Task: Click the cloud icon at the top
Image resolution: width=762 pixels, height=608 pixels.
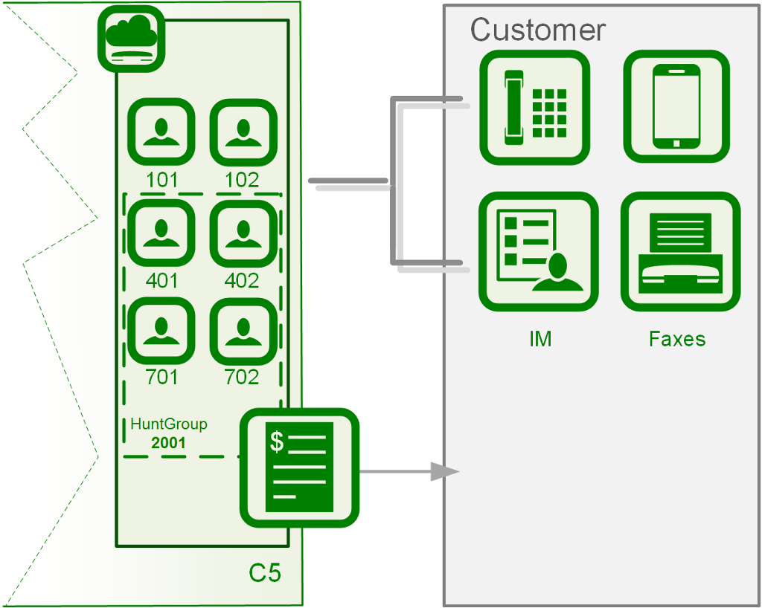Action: point(132,39)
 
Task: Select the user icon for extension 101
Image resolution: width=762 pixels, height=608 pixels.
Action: point(161,132)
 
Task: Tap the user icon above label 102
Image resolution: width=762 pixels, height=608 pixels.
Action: point(243,132)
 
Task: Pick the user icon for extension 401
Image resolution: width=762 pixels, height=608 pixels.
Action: point(161,233)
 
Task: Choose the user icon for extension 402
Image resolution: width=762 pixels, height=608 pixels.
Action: point(243,233)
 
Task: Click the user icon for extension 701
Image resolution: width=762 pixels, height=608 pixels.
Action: point(161,330)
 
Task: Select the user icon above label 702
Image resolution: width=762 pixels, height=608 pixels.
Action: point(243,330)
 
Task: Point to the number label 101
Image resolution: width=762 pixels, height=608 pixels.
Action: point(161,180)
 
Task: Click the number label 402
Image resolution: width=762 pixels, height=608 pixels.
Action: point(243,281)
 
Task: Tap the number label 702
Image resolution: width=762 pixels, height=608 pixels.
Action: point(243,378)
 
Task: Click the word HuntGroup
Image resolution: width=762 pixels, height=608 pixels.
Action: point(169,424)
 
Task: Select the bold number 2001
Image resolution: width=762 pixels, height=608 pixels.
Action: point(168,443)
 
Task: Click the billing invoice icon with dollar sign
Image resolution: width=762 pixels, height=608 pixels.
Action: point(299,468)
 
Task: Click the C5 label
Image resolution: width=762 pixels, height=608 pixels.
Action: point(265,574)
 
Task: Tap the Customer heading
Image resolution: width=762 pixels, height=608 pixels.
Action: point(537,30)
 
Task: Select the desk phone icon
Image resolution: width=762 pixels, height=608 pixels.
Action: point(534,107)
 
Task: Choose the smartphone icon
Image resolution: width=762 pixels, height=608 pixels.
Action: point(676,107)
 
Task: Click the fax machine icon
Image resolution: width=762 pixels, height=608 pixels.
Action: point(680,252)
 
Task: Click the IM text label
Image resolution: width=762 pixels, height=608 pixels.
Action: point(540,340)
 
